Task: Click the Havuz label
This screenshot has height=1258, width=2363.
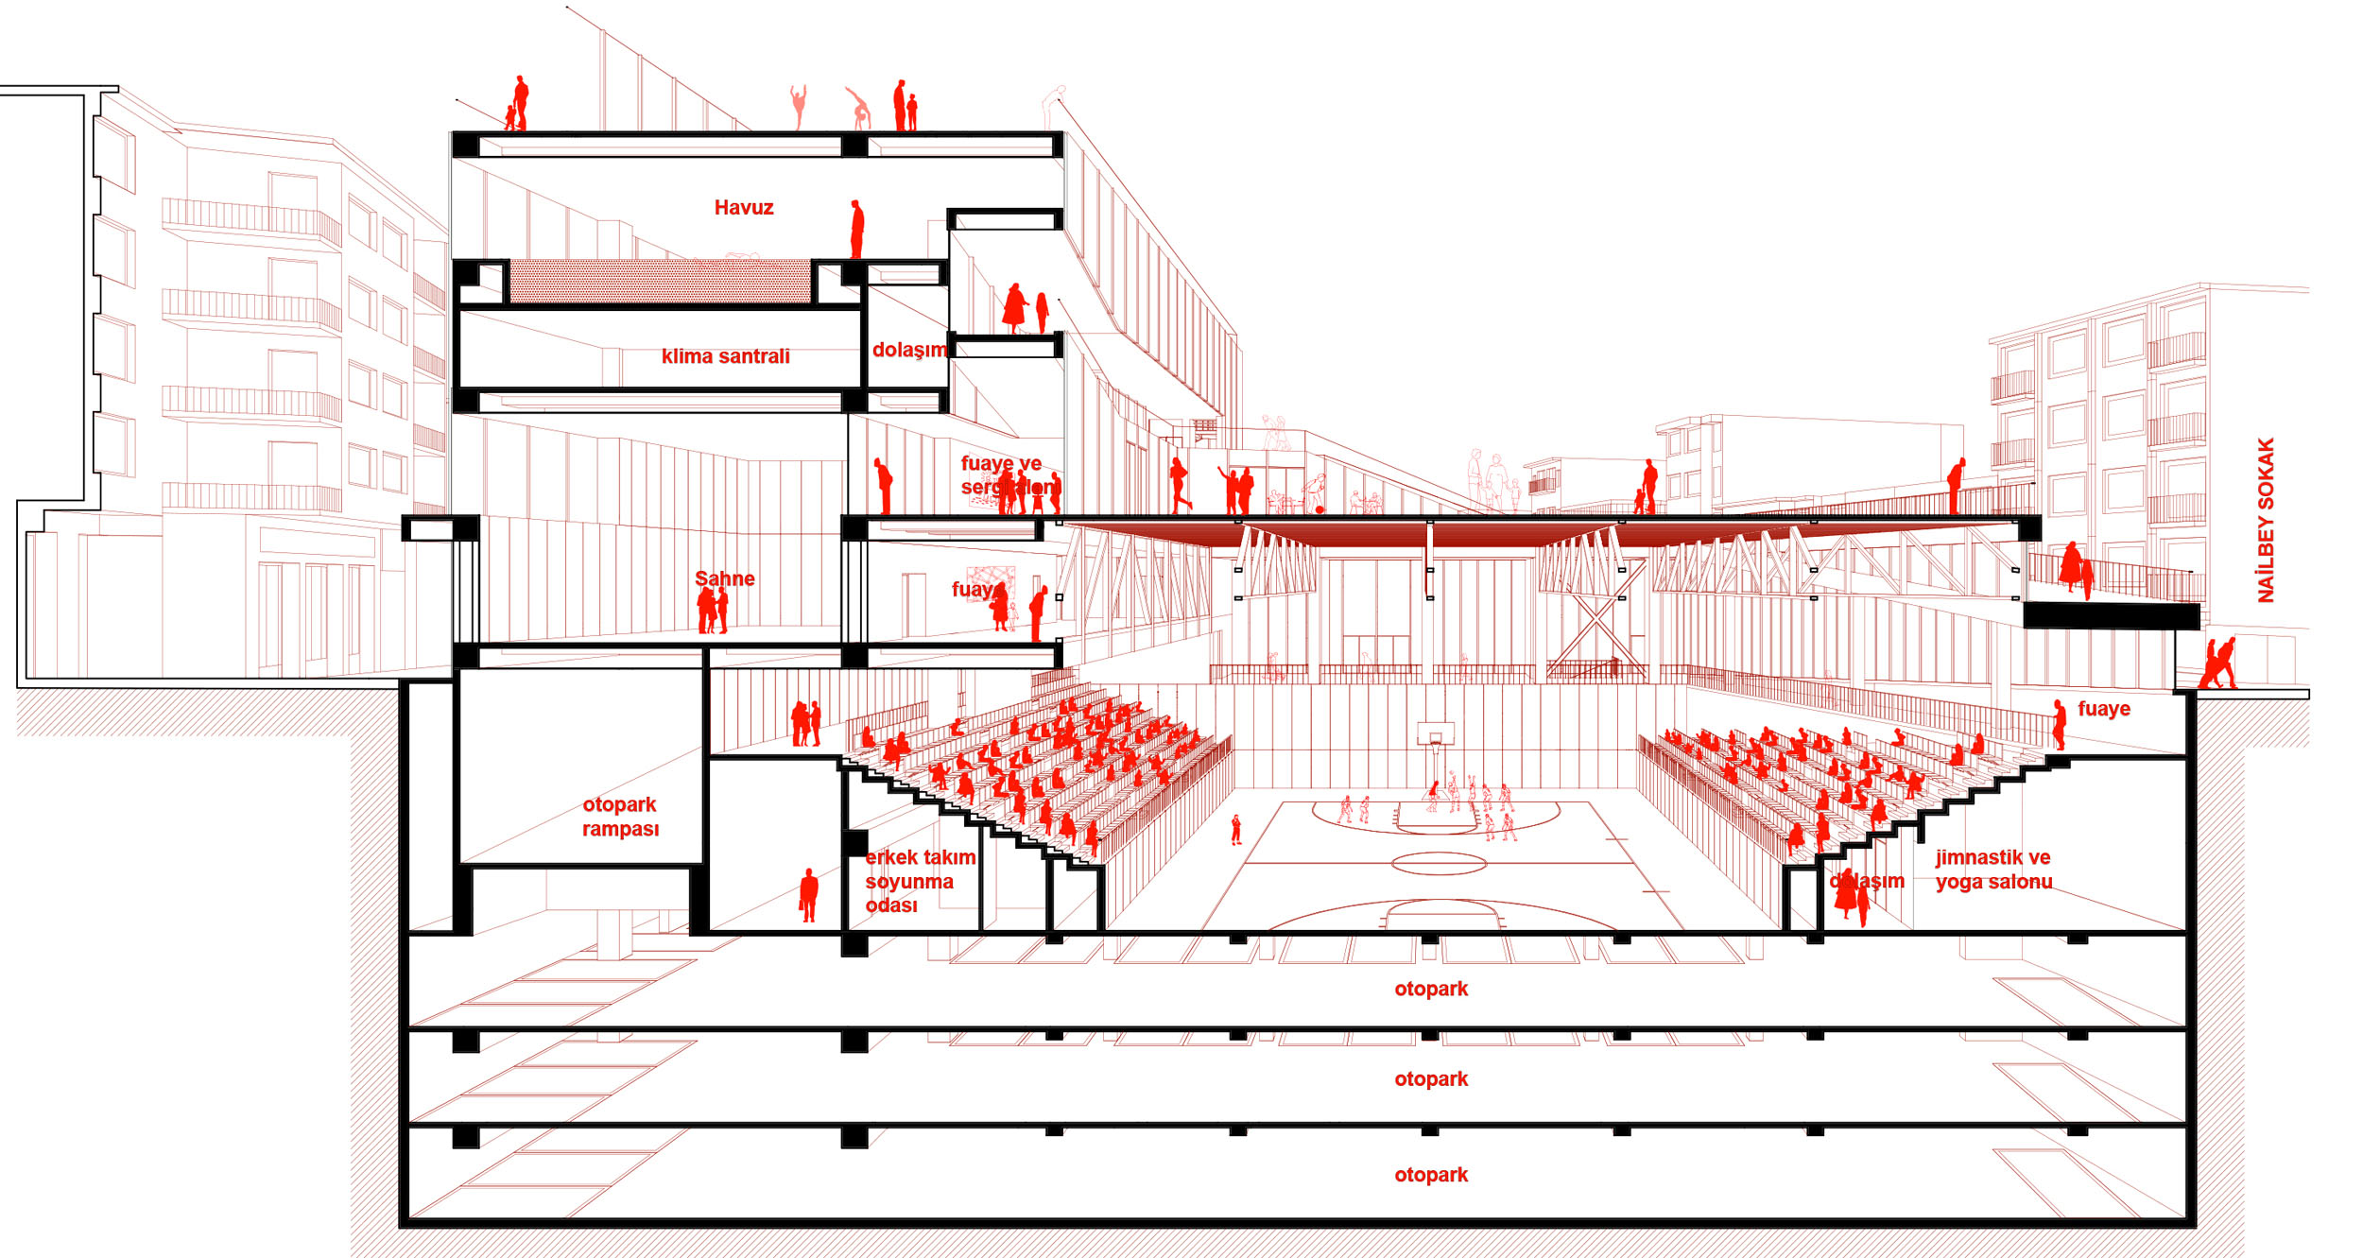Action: pos(744,208)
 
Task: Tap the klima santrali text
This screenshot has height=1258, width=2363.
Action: pos(725,356)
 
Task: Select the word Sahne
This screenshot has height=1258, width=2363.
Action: pos(725,578)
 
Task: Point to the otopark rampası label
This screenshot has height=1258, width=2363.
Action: pos(620,817)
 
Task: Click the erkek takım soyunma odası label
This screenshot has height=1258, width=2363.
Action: pos(919,881)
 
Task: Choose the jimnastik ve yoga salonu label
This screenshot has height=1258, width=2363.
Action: pos(1993,870)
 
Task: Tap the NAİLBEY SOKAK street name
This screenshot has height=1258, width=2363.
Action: pos(2266,520)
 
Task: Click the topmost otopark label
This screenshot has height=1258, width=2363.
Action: pos(1431,989)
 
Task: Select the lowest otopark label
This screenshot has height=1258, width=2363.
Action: pos(1431,1175)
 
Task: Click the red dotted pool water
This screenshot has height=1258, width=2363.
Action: pos(660,281)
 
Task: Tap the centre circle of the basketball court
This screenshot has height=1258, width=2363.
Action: pos(1439,862)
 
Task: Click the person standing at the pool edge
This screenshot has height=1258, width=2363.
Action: pos(856,229)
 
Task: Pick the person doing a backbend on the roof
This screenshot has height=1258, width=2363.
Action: pos(858,109)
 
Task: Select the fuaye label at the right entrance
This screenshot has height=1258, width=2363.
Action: pos(2103,709)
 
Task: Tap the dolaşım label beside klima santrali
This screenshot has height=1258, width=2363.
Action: pos(908,350)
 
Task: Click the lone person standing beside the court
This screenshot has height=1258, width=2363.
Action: pos(1235,830)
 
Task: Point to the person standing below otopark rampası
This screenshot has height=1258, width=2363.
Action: pos(808,895)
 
